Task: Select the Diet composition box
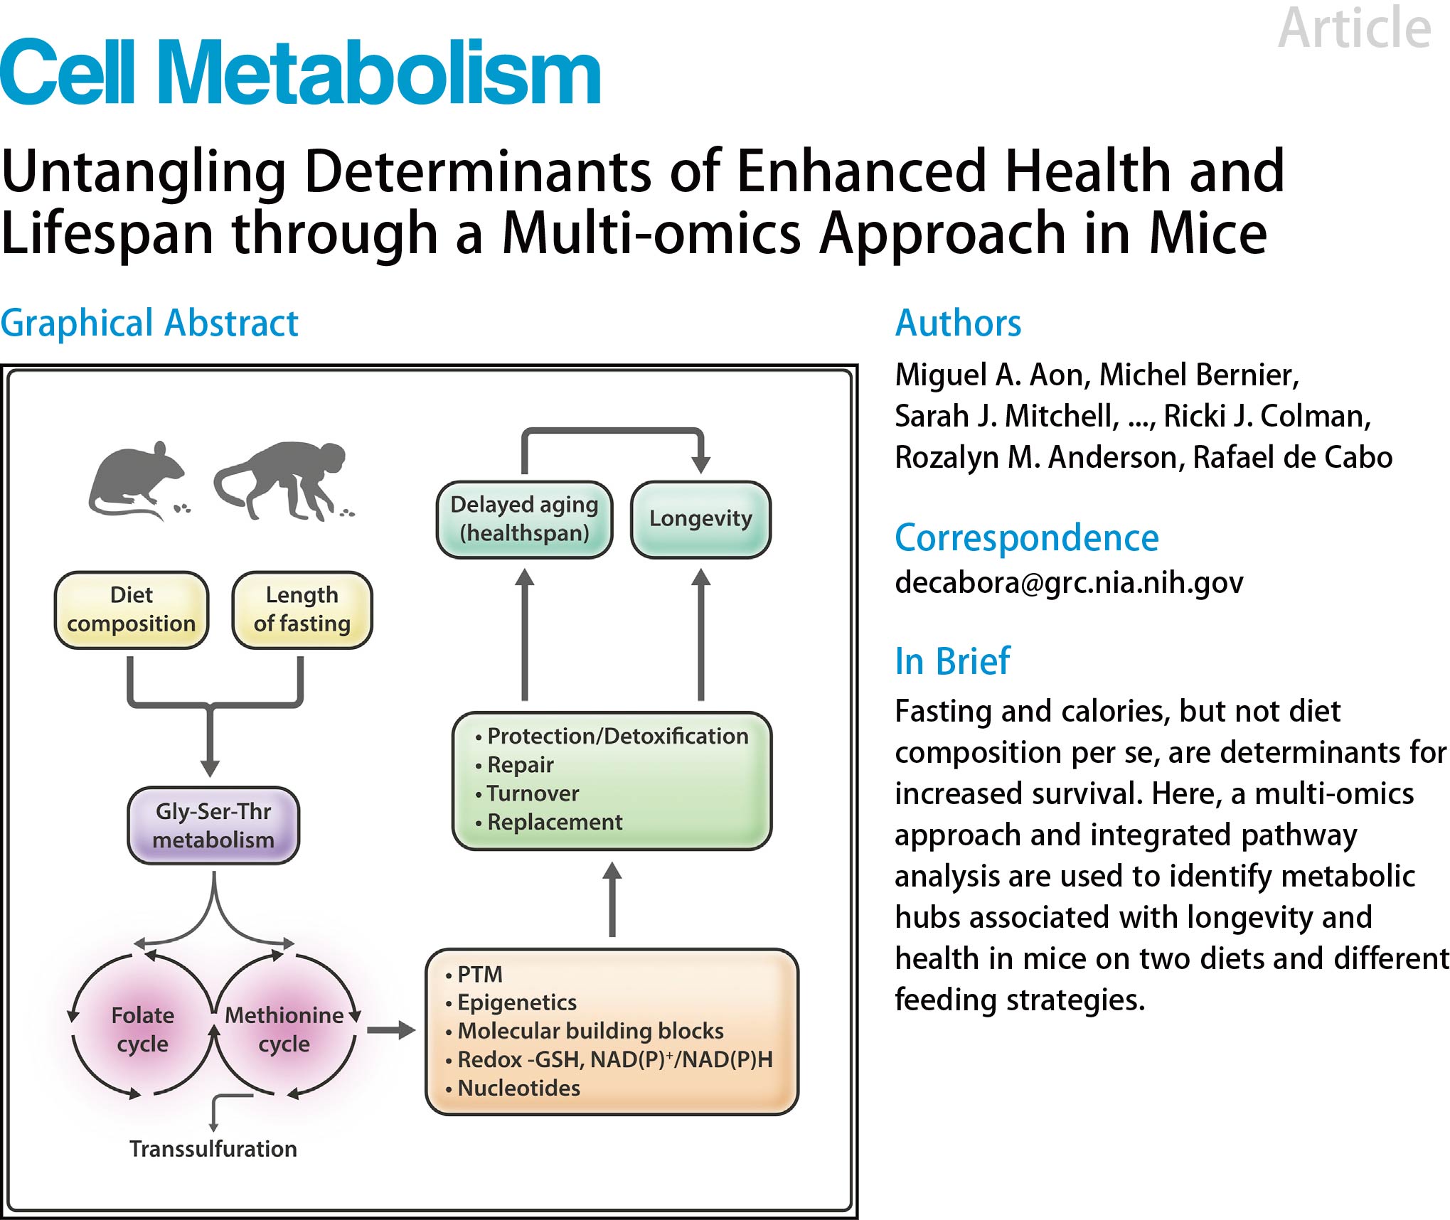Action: click(132, 609)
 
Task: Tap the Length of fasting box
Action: click(302, 609)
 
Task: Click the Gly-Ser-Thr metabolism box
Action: click(213, 825)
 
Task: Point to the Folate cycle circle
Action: click(142, 1029)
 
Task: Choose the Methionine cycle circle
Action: click(284, 1029)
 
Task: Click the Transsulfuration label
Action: click(213, 1149)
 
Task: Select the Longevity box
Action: click(700, 518)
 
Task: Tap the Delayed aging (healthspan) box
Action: click(524, 518)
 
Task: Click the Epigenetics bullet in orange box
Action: click(516, 1002)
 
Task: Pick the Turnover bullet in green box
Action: click(533, 793)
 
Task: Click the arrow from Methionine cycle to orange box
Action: click(390, 1029)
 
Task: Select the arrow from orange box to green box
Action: click(612, 899)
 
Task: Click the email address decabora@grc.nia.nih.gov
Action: click(1069, 582)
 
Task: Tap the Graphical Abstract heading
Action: click(149, 323)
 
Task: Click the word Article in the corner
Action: click(1354, 28)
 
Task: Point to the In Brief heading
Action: click(952, 661)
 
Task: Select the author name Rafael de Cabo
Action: click(1292, 457)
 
